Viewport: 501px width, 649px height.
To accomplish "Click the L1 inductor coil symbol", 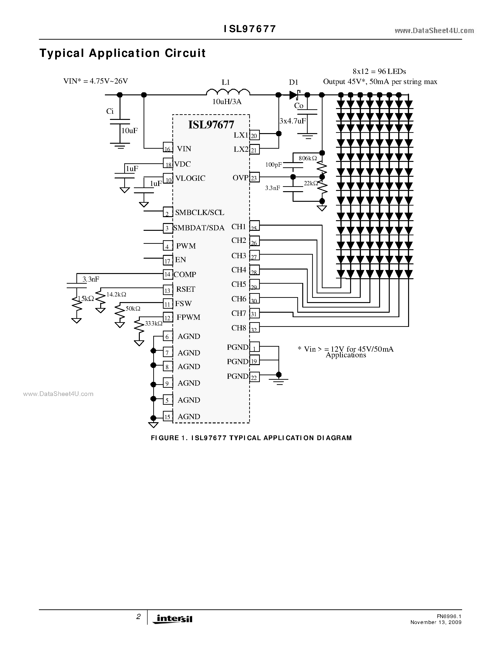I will pyautogui.click(x=228, y=92).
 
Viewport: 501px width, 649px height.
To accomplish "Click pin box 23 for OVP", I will pyautogui.click(x=254, y=178).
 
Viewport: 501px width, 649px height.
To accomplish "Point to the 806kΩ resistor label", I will pyautogui.click(x=308, y=158).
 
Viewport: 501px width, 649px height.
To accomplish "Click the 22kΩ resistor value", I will pyautogui.click(x=311, y=184).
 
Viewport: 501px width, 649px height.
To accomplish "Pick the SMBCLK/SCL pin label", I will pyautogui.click(x=199, y=212).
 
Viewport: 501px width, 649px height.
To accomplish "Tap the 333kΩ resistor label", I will pyautogui.click(x=153, y=323).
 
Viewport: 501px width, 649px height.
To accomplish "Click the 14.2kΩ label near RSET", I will pyautogui.click(x=116, y=294).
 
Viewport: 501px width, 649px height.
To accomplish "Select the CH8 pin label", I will pyautogui.click(x=239, y=328).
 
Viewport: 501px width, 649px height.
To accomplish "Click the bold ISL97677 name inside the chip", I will pyautogui.click(x=211, y=125).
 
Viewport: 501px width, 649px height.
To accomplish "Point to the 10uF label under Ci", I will pyautogui.click(x=129, y=131).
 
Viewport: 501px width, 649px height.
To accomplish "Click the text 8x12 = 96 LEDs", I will pyautogui.click(x=379, y=72).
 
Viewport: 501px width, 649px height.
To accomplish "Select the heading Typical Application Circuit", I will pyautogui.click(x=122, y=53).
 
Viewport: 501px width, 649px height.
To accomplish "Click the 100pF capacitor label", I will pyautogui.click(x=273, y=165).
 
